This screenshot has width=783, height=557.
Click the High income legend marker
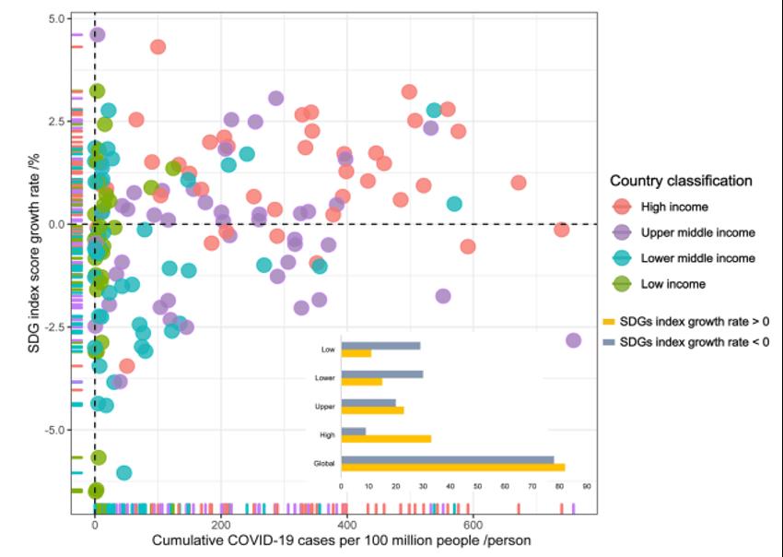click(x=622, y=207)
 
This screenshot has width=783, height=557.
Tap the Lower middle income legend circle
click(x=622, y=259)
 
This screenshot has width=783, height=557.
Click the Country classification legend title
click(x=681, y=181)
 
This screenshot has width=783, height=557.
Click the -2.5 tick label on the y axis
click(x=53, y=327)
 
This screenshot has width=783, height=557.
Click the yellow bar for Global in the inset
click(x=452, y=468)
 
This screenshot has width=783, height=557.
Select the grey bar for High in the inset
click(x=353, y=431)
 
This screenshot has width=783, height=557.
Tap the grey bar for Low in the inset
click(x=380, y=346)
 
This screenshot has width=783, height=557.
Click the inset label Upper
click(x=324, y=406)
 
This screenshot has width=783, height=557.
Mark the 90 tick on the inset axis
click(x=585, y=486)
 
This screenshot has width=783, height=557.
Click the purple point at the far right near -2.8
click(x=573, y=340)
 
